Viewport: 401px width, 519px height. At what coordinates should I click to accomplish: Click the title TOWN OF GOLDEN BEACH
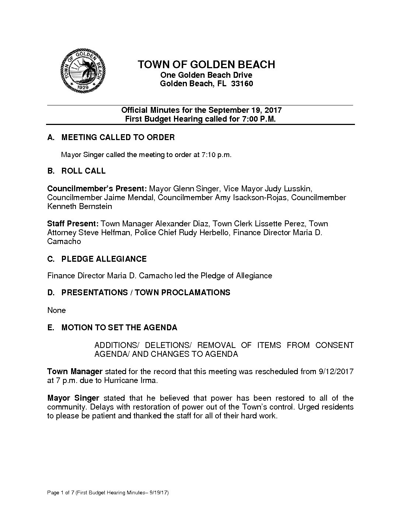pyautogui.click(x=206, y=65)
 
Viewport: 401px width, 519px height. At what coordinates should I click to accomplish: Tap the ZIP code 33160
pyautogui.click(x=242, y=84)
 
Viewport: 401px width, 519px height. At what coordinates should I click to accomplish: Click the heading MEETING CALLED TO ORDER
pyautogui.click(x=118, y=137)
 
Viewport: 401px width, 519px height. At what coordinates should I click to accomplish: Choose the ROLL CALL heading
pyautogui.click(x=83, y=171)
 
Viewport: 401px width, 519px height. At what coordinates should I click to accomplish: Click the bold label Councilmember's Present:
pyautogui.click(x=97, y=189)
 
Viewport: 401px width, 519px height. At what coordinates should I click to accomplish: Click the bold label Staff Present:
pyautogui.click(x=73, y=224)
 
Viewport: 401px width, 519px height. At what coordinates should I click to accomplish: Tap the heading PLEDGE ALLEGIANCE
pyautogui.click(x=104, y=259)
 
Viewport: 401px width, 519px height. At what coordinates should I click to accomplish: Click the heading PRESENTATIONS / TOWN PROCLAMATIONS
pyautogui.click(x=146, y=293)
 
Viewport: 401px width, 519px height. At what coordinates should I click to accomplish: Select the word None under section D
pyautogui.click(x=56, y=310)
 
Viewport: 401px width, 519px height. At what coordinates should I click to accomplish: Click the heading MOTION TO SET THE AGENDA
pyautogui.click(x=119, y=328)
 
